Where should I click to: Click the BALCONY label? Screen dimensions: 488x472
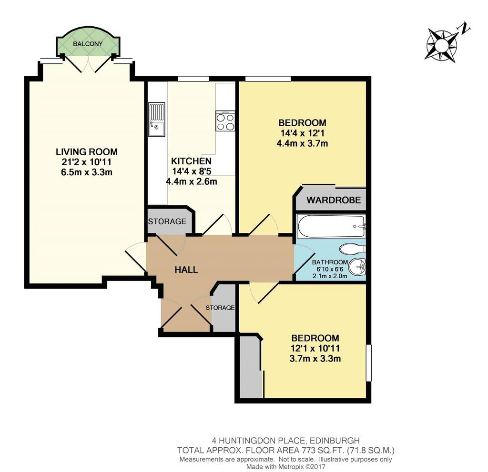(x=88, y=44)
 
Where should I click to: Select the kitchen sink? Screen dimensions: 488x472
(x=156, y=120)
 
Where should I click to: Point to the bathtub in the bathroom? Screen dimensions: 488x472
(x=331, y=226)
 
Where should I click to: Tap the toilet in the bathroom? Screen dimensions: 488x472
(x=352, y=249)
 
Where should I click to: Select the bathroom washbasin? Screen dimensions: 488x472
(x=357, y=267)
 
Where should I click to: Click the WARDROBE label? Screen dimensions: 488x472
(x=334, y=200)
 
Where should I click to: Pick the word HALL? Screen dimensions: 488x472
(x=186, y=270)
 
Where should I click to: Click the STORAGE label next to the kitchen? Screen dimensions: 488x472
(x=167, y=221)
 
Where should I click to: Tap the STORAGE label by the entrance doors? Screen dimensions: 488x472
(x=220, y=308)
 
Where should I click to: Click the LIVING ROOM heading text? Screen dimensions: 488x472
(x=87, y=152)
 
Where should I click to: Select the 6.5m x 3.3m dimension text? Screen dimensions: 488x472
(x=87, y=172)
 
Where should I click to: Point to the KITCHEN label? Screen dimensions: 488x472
(x=191, y=161)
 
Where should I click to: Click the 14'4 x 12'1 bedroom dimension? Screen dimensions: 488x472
(x=302, y=133)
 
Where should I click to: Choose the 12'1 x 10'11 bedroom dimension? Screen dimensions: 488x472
(x=315, y=348)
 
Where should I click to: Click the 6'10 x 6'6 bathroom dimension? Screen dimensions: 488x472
(x=330, y=269)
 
